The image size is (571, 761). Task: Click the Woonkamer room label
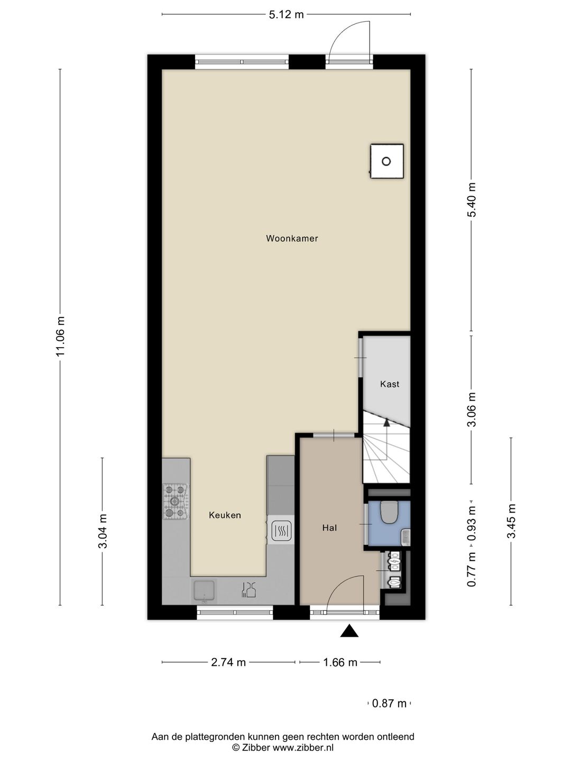[292, 238]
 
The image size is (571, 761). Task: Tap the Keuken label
[225, 515]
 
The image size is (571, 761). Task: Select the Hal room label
[329, 528]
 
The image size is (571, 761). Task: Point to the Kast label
[390, 384]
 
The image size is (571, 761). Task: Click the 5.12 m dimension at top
[287, 15]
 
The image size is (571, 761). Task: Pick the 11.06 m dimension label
[61, 336]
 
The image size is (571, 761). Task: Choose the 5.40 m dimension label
[472, 200]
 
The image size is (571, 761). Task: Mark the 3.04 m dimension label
[103, 531]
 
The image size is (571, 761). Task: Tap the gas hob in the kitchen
[176, 502]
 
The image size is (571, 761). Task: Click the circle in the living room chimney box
[386, 161]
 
